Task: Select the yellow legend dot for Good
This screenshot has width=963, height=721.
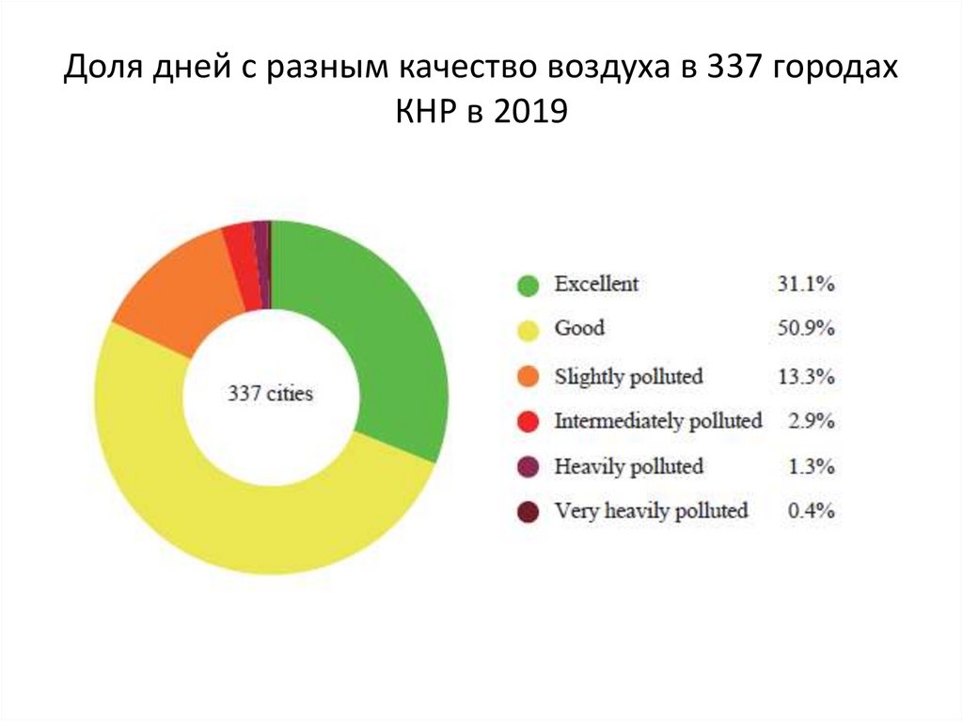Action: click(x=529, y=330)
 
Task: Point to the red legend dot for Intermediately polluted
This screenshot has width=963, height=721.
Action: click(x=529, y=422)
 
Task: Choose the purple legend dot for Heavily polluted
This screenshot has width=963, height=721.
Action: click(x=529, y=467)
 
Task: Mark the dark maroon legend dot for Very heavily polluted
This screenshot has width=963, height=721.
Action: click(x=529, y=512)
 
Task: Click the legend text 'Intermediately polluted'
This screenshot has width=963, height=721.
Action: click(x=658, y=421)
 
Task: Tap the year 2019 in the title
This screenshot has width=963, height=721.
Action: click(x=529, y=115)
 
